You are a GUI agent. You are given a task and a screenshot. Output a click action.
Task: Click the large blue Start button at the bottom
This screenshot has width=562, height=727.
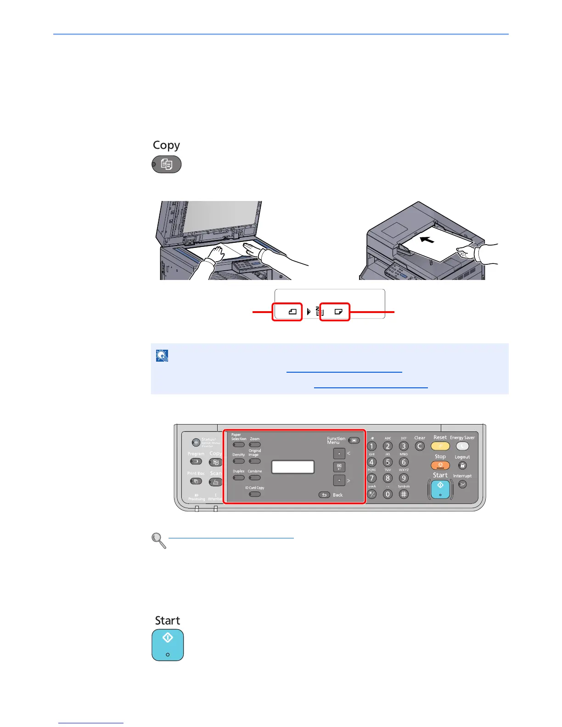tap(168, 645)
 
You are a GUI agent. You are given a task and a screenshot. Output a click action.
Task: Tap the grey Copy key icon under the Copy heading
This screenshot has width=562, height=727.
tap(167, 164)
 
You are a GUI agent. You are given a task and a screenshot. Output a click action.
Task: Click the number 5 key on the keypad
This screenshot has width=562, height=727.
tap(388, 462)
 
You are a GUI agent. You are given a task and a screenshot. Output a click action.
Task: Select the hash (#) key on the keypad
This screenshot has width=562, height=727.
tap(403, 494)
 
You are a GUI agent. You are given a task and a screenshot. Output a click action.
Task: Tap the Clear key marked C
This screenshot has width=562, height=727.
tap(419, 446)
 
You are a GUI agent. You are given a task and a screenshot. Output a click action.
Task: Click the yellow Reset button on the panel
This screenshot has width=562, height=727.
tap(440, 446)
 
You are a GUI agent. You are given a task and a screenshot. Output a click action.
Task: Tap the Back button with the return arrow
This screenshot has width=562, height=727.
tap(324, 495)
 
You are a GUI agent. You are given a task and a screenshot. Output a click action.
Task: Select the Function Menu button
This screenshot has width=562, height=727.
tap(354, 441)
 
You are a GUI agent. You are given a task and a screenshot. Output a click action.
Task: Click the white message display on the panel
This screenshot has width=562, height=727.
tap(293, 467)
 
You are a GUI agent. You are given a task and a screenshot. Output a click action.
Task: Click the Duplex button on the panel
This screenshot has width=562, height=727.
tap(238, 478)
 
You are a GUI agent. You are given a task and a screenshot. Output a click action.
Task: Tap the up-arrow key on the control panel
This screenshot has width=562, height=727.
tap(339, 454)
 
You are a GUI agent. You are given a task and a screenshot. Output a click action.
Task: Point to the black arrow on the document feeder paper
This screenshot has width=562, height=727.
tap(427, 239)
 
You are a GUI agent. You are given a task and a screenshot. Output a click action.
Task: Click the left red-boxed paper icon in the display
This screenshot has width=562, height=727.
tap(287, 312)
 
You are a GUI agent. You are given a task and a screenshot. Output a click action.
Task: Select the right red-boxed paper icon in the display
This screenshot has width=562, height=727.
tap(335, 312)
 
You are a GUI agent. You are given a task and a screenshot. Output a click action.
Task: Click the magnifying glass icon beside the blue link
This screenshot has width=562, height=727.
tap(159, 540)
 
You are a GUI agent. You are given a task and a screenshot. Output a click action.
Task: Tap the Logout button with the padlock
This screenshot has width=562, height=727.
tap(462, 465)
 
